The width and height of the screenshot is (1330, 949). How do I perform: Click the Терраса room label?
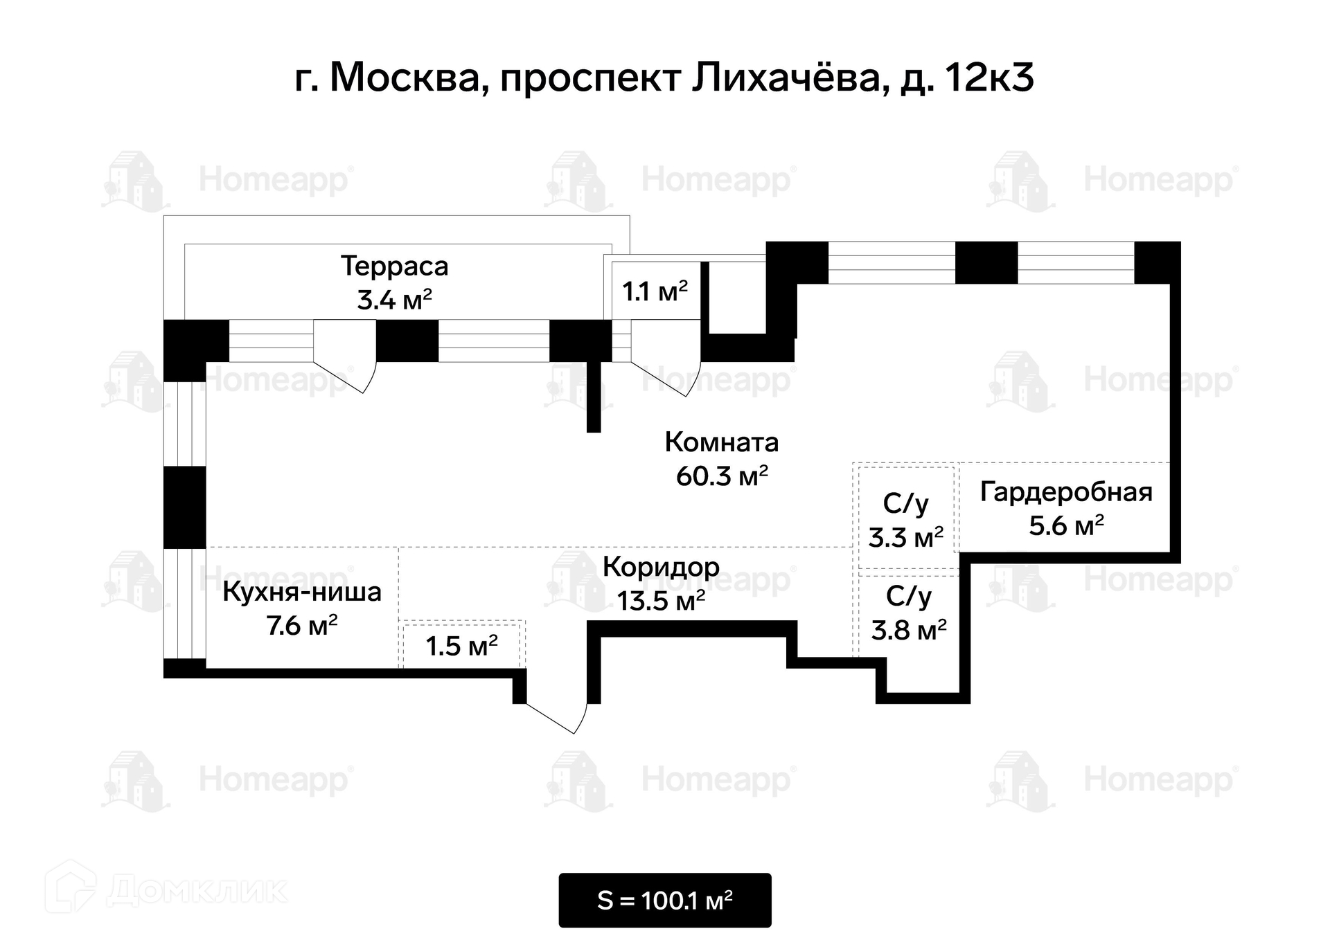[394, 266]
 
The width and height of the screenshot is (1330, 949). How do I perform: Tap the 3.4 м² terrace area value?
[394, 300]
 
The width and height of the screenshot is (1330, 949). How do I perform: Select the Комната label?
[722, 442]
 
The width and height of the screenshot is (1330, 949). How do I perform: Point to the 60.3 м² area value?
[722, 476]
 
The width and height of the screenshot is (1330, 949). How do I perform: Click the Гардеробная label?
[1066, 492]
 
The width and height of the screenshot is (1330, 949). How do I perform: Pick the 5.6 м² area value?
[1066, 526]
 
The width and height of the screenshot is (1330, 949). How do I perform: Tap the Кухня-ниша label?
[302, 593]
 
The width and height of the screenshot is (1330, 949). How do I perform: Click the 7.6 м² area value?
[302, 626]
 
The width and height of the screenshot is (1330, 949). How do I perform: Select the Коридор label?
[661, 567]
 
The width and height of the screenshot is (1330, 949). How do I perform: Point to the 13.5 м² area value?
[661, 601]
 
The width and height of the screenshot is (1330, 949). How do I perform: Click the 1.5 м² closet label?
[461, 647]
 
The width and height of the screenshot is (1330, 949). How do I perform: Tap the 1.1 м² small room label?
[655, 292]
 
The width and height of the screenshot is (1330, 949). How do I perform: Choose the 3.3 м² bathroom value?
[906, 538]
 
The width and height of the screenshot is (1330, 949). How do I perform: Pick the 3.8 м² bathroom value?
[909, 631]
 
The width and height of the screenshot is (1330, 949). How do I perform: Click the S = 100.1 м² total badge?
[665, 901]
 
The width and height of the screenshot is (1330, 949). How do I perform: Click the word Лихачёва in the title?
[786, 78]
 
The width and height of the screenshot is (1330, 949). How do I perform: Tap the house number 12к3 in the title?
[988, 78]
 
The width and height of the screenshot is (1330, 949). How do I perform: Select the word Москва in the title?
[405, 78]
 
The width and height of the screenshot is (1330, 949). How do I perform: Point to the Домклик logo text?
[197, 890]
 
